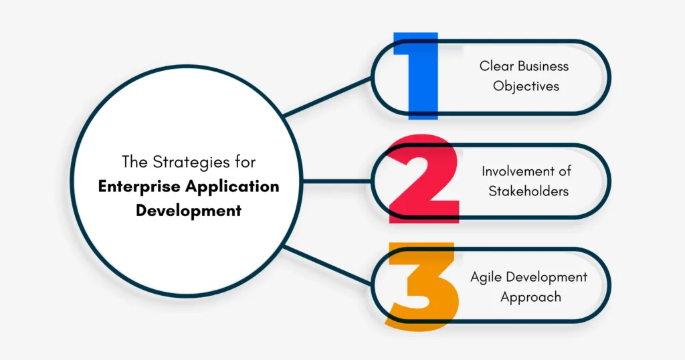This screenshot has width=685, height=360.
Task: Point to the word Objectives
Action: coord(526,86)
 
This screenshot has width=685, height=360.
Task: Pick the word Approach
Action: coord(531,296)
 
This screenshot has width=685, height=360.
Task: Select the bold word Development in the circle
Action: coord(189,210)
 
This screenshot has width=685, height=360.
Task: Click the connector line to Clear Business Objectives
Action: coord(328,98)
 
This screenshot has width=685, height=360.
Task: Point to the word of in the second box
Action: coord(565,171)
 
